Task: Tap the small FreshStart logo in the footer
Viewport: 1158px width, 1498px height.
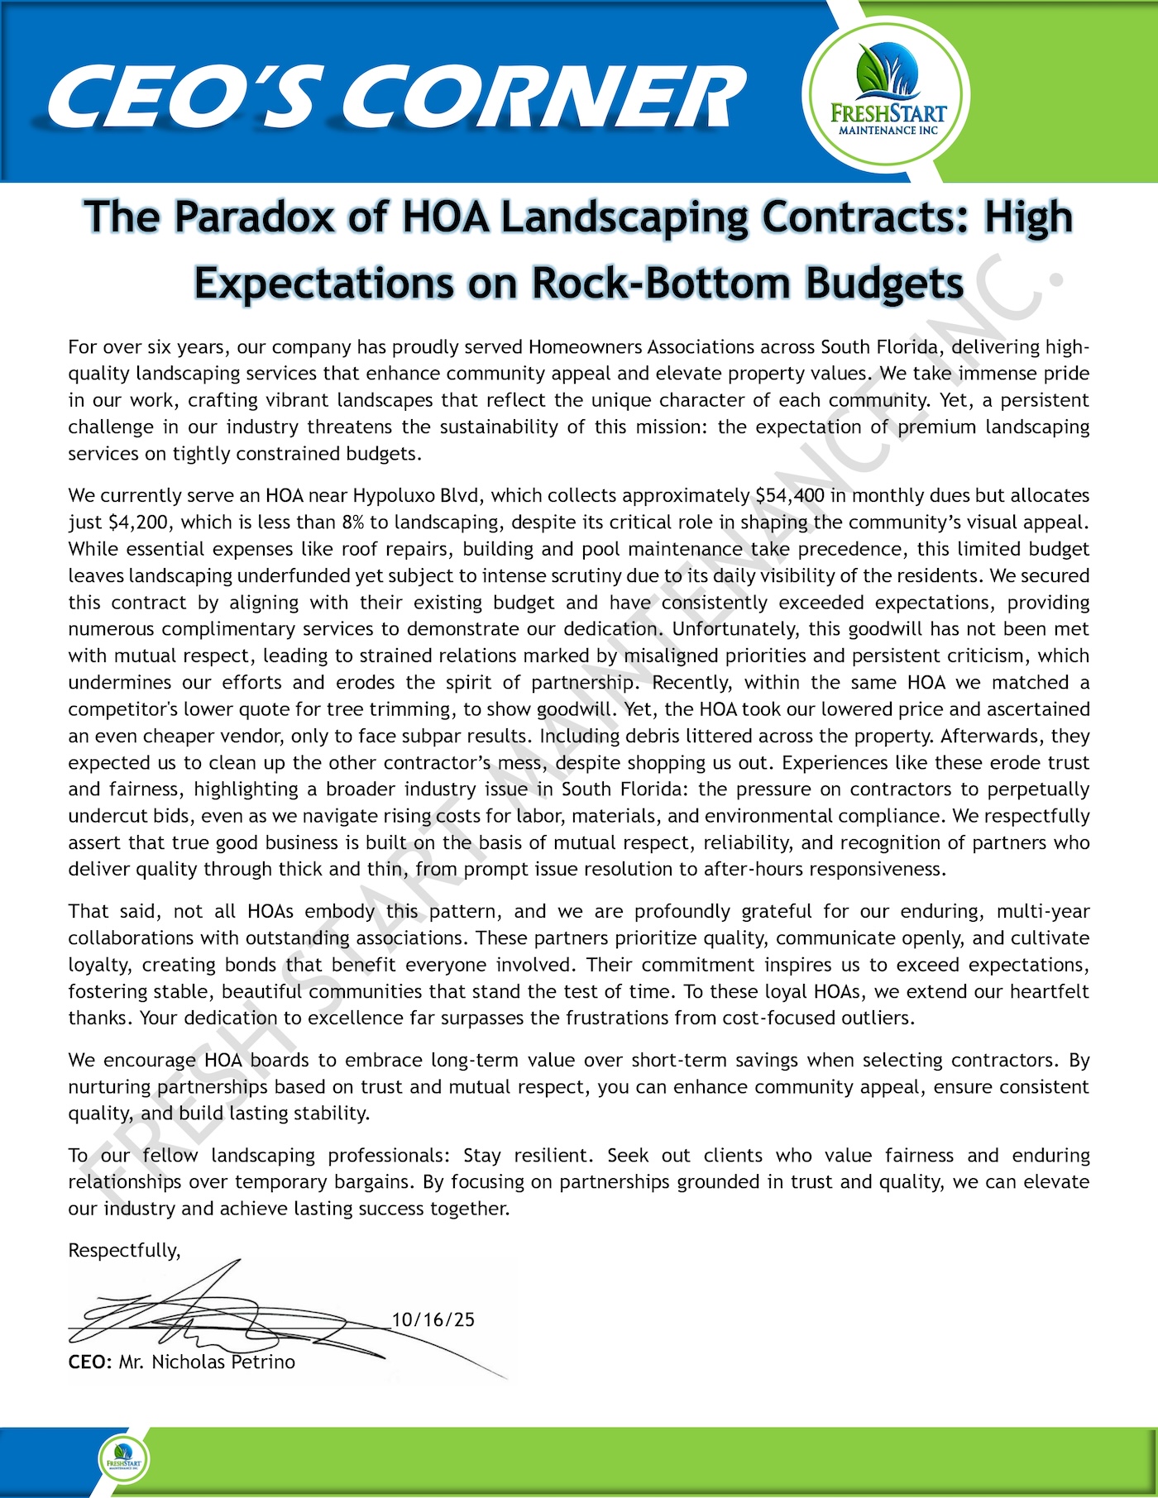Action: [x=123, y=1462]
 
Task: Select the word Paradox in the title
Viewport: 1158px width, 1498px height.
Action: [x=252, y=217]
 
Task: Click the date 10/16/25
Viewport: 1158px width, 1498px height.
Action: [x=433, y=1319]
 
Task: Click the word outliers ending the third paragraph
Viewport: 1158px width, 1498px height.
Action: [x=884, y=1018]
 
